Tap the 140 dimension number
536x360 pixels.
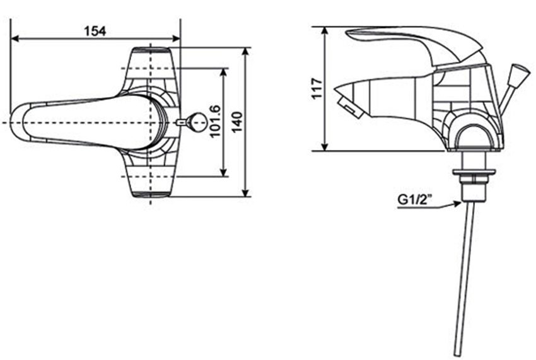236,122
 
